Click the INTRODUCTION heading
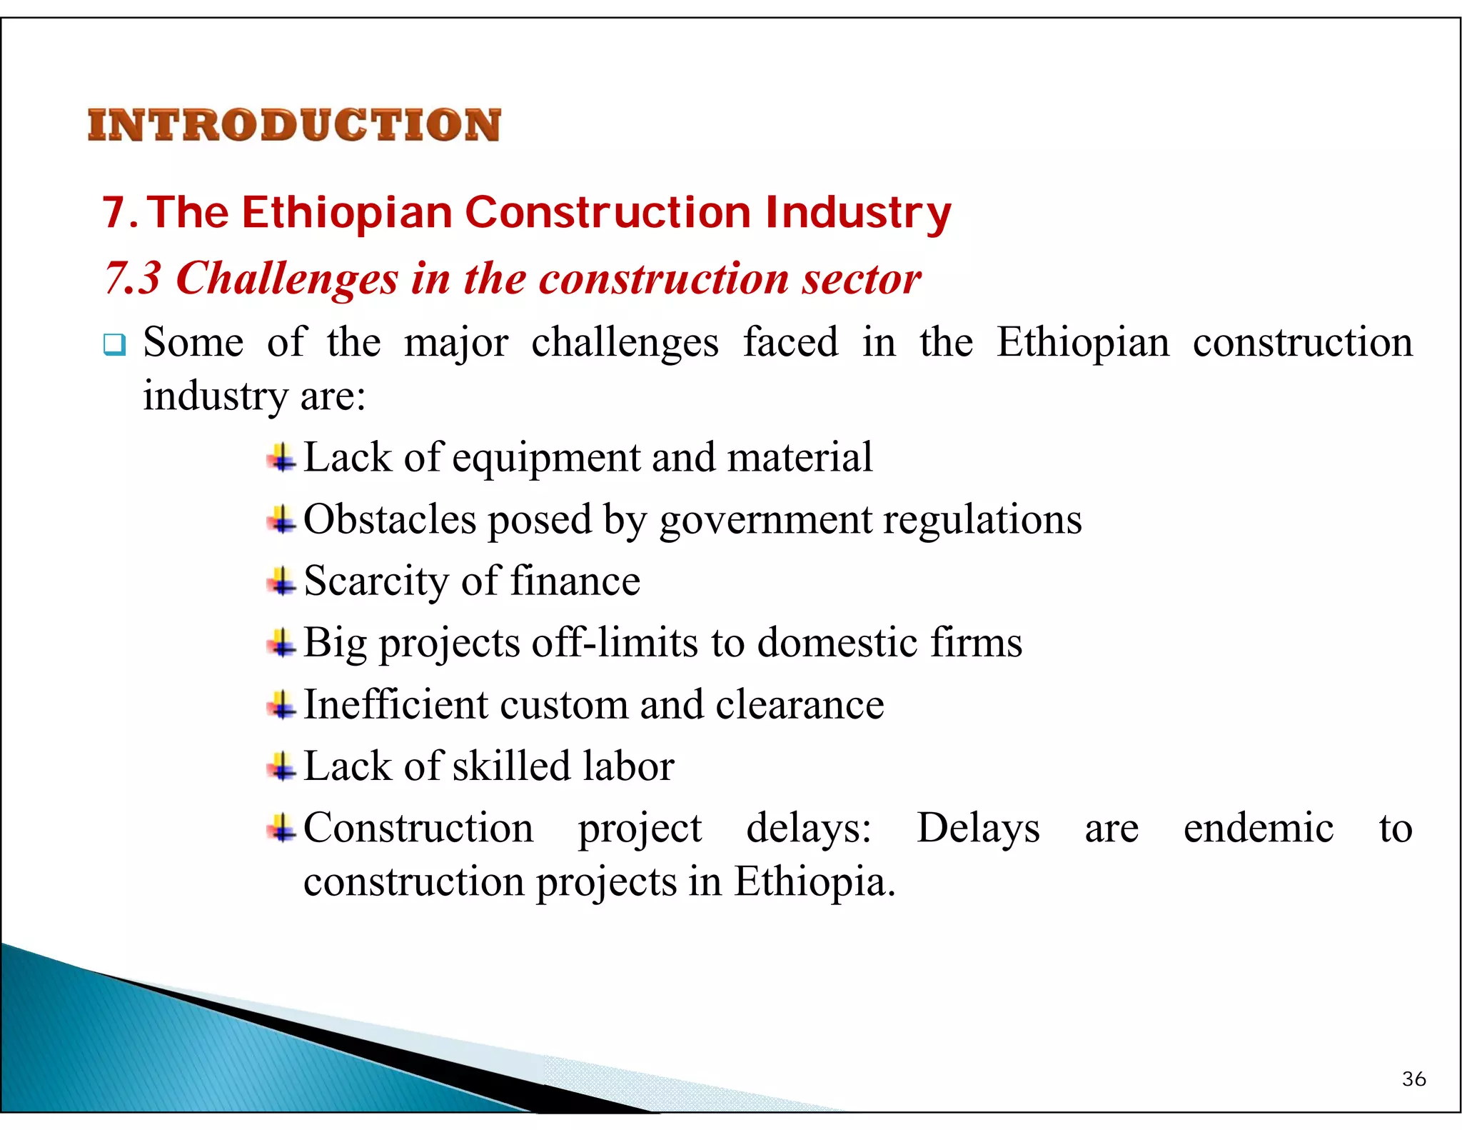click(294, 126)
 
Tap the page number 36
click(1413, 1079)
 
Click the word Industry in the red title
click(857, 213)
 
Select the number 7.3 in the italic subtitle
click(133, 277)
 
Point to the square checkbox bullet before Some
click(114, 345)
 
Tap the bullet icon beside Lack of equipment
click(282, 458)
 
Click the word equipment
click(545, 458)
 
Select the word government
click(765, 519)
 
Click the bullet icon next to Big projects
click(282, 643)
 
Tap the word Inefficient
click(395, 704)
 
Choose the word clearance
click(800, 704)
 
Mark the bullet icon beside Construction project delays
click(282, 829)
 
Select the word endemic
click(1258, 828)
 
